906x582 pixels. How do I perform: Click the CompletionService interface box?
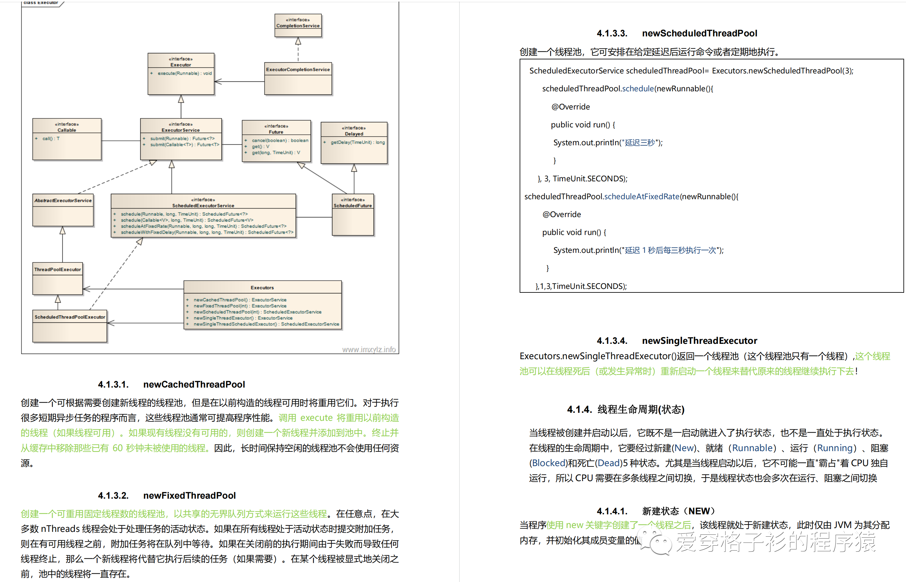point(298,25)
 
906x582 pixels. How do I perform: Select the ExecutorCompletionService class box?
point(298,78)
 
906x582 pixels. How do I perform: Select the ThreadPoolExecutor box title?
point(58,269)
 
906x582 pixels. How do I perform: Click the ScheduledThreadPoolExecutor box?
point(70,326)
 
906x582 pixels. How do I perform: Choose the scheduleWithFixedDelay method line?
point(206,232)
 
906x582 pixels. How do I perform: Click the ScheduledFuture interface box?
point(352,214)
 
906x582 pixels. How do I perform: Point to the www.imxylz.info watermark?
point(368,350)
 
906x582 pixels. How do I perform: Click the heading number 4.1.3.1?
point(113,384)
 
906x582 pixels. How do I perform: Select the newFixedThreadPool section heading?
point(189,495)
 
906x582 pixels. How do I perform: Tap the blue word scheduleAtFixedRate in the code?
point(642,197)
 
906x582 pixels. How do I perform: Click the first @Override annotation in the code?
point(570,107)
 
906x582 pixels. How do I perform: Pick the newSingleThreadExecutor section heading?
point(700,341)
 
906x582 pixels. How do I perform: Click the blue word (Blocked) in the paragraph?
point(548,463)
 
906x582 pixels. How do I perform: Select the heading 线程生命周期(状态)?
point(640,409)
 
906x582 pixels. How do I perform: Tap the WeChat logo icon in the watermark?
point(656,541)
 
